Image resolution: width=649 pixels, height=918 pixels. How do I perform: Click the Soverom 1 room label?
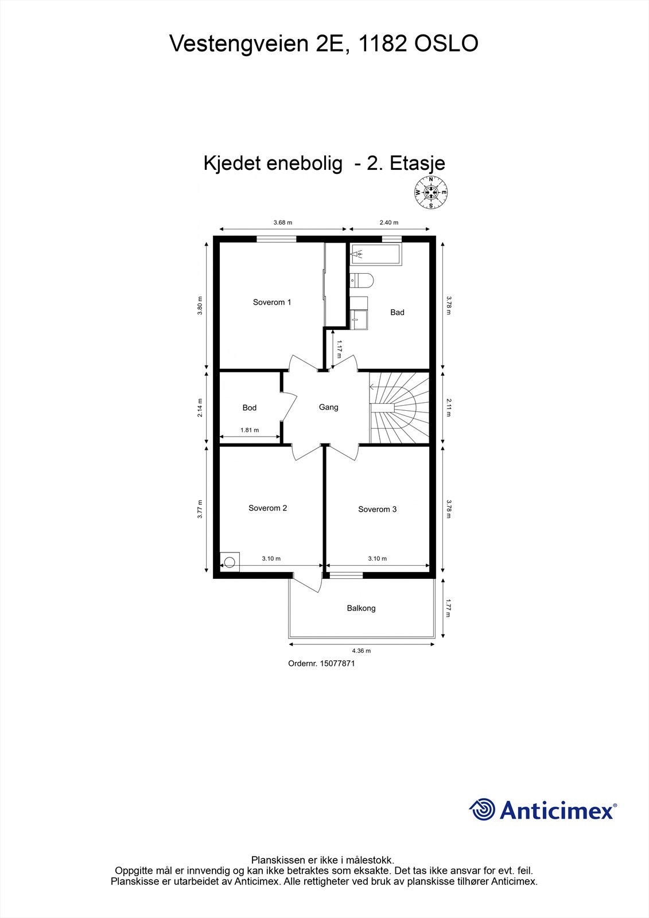click(x=272, y=302)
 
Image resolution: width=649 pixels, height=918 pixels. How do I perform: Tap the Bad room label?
click(x=397, y=313)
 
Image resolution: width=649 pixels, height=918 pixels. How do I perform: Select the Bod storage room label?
click(x=249, y=408)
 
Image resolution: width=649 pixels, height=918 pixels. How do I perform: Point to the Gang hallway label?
click(x=328, y=407)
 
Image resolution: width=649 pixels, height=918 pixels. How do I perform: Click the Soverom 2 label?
click(x=267, y=508)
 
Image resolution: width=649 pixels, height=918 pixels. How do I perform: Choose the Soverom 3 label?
click(x=377, y=509)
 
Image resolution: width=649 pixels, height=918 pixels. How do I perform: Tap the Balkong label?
click(x=361, y=608)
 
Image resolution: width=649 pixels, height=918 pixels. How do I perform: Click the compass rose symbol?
click(x=431, y=193)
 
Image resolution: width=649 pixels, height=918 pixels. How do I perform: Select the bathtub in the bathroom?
click(x=376, y=255)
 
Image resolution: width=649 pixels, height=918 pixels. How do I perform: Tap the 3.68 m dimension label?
click(x=282, y=223)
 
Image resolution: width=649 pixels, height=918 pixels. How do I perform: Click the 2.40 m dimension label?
click(x=388, y=223)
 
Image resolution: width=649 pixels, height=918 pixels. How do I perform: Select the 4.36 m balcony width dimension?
click(x=361, y=651)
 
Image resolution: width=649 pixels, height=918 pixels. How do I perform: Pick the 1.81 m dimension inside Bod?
click(x=249, y=430)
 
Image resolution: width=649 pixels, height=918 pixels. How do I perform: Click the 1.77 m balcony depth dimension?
click(x=448, y=608)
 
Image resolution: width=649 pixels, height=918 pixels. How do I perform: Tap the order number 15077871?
click(x=321, y=663)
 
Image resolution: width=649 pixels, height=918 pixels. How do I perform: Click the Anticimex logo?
click(x=542, y=810)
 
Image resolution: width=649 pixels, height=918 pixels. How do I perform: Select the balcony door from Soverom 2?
click(x=308, y=582)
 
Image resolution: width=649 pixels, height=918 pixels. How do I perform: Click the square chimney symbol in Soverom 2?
click(x=230, y=561)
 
